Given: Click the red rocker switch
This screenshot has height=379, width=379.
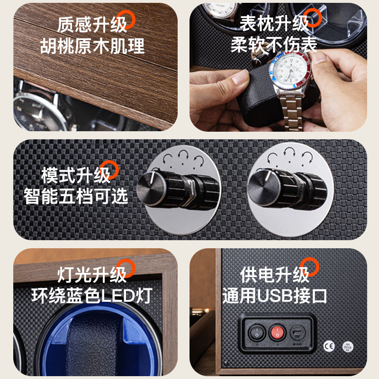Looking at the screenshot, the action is point(277,333).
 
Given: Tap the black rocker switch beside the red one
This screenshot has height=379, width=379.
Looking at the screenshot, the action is point(257,333).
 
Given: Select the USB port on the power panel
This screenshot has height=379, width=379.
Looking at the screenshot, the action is point(298,333).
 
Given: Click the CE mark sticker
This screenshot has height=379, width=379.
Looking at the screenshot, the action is point(329,346).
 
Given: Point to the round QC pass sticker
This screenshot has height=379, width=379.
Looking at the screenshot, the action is point(348,347).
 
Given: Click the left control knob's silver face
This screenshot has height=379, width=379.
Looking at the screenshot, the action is point(151,189).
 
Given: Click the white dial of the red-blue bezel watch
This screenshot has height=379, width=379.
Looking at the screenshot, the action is point(290,69).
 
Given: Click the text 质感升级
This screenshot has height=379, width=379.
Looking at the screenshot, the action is point(92,25).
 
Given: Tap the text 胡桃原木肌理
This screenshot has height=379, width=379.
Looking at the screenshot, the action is point(92,46).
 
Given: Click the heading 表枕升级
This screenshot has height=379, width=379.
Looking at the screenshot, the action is point(274,23).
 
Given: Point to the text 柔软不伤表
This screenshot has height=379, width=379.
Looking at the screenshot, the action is point(274,45).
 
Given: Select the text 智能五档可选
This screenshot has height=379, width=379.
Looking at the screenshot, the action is point(76,196).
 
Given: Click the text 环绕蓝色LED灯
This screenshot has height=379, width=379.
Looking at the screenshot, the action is point(92,295).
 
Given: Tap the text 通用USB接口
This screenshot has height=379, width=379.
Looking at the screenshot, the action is point(274,295).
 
